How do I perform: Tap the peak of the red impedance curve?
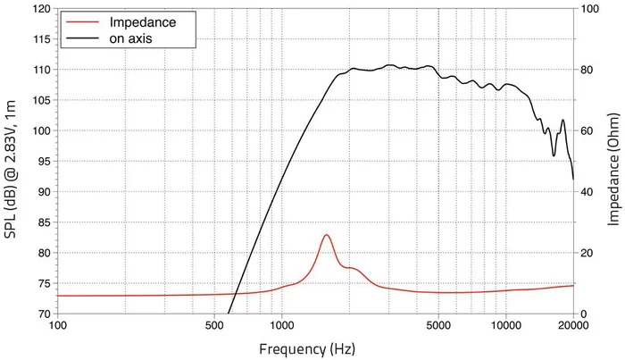[327, 235]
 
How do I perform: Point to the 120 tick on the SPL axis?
[39, 9]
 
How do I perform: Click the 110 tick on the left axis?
[39, 70]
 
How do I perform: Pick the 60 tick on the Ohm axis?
[586, 131]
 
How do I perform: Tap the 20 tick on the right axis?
[586, 253]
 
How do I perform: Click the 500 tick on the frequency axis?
[214, 326]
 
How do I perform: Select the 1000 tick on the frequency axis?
[281, 326]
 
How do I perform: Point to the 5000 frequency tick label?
[438, 326]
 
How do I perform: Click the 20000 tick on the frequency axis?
[572, 326]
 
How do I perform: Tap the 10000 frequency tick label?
[505, 326]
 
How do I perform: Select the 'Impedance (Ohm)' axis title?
[613, 162]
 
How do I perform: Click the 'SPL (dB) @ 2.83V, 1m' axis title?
[12, 162]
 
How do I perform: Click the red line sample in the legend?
[79, 21]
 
